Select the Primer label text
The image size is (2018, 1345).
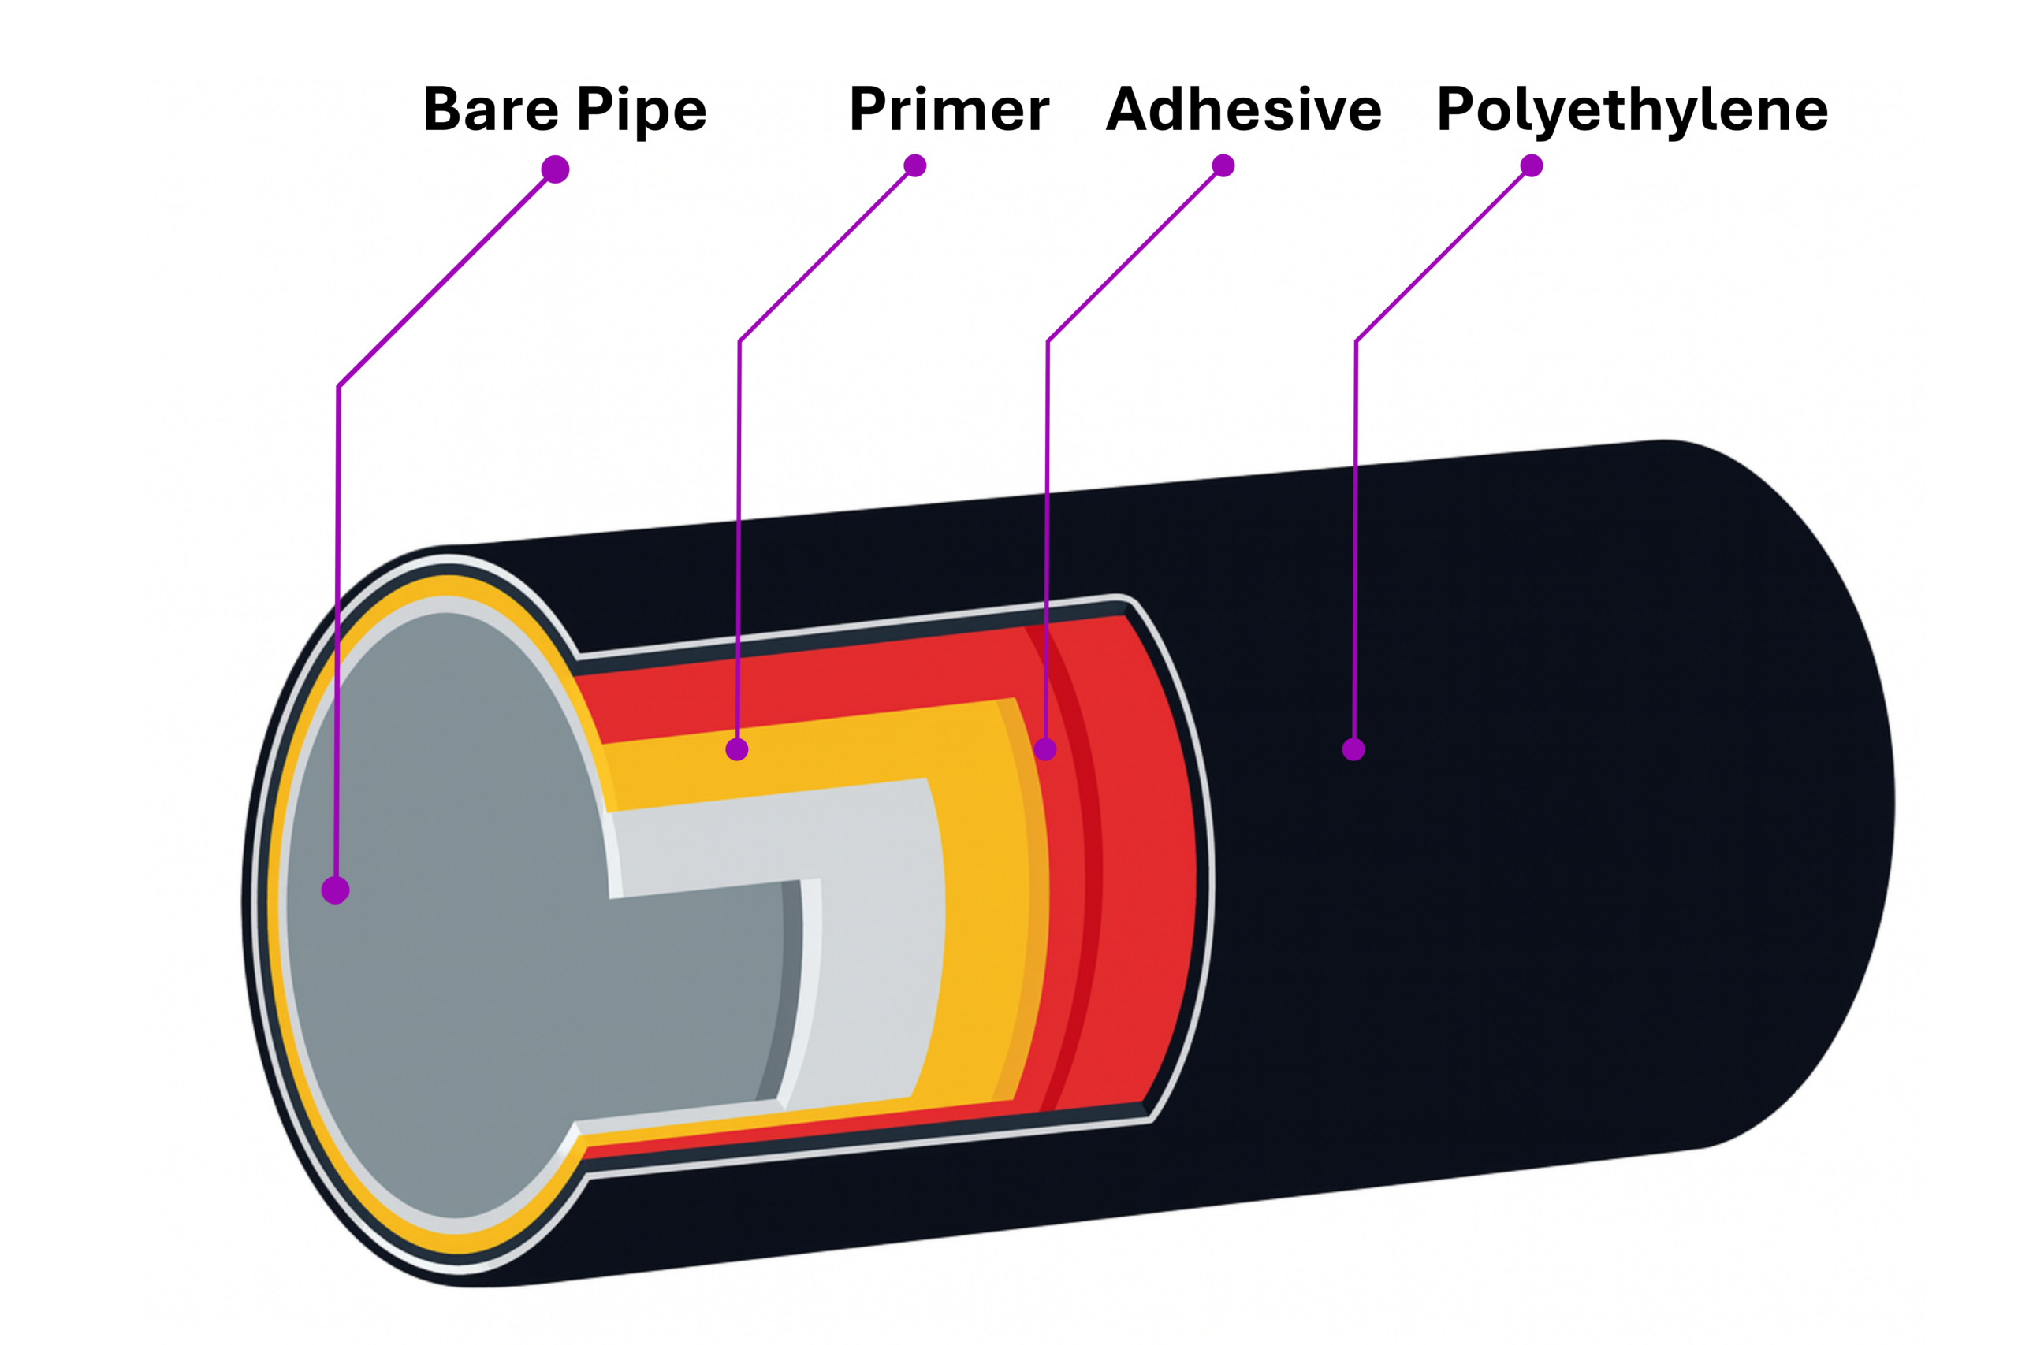(x=949, y=110)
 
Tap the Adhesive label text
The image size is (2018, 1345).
(x=1243, y=110)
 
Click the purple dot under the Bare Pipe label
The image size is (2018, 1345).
(x=555, y=169)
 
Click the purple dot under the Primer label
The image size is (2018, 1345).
(x=914, y=165)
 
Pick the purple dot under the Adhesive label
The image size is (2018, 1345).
(x=1223, y=165)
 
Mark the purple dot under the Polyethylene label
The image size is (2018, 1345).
(x=1532, y=165)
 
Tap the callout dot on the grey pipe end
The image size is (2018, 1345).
(x=336, y=890)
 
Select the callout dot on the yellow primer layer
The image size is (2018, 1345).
(x=736, y=749)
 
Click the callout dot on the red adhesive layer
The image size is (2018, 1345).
(x=1044, y=749)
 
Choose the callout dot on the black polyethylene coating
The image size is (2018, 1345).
(x=1353, y=749)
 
